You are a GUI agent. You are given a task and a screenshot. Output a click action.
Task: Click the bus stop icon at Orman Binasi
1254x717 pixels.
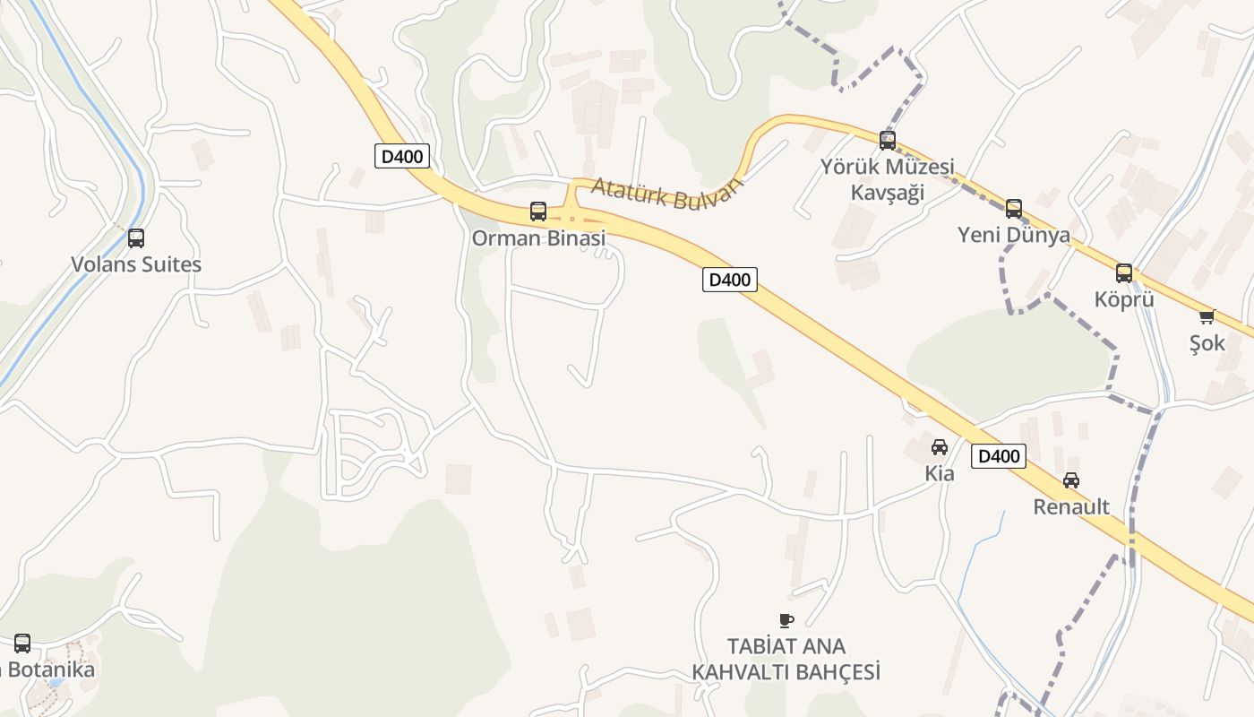[x=538, y=212]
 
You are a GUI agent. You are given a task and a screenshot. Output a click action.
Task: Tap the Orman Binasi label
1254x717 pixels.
[x=538, y=238]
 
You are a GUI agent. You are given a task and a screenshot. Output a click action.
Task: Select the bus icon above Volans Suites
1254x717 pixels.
[x=136, y=238]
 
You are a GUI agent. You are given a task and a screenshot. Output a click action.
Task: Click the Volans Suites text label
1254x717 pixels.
[x=136, y=264]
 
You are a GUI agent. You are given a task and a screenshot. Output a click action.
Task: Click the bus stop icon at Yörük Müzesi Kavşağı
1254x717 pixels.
[x=888, y=141]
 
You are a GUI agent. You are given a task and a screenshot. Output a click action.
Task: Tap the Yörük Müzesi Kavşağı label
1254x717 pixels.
[x=887, y=180]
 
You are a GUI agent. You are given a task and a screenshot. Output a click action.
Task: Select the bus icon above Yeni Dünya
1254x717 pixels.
[x=1013, y=209]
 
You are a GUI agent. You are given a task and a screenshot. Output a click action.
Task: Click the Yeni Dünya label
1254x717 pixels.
[x=1013, y=235]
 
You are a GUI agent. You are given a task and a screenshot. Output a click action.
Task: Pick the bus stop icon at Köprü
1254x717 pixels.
[x=1124, y=273]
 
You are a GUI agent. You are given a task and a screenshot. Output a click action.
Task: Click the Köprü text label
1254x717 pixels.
[x=1124, y=299]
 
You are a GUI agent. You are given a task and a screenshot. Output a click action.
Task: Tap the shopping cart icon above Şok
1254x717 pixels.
[x=1207, y=316]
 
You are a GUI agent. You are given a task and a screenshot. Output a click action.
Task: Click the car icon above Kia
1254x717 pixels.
[x=940, y=447]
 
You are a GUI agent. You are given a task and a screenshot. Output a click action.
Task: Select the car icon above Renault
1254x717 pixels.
[x=1071, y=480]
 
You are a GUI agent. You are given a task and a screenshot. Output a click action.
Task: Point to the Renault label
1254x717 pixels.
[x=1071, y=506]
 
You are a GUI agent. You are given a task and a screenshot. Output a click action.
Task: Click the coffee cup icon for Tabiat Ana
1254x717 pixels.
[x=786, y=620]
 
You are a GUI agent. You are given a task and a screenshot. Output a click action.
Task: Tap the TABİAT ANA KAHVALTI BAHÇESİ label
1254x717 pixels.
[x=786, y=659]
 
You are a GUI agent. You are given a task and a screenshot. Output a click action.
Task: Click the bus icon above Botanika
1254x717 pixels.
[x=22, y=643]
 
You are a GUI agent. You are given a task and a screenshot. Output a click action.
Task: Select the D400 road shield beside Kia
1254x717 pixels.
[x=999, y=456]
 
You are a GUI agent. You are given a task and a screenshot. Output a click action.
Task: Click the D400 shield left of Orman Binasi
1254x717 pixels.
[x=402, y=156]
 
